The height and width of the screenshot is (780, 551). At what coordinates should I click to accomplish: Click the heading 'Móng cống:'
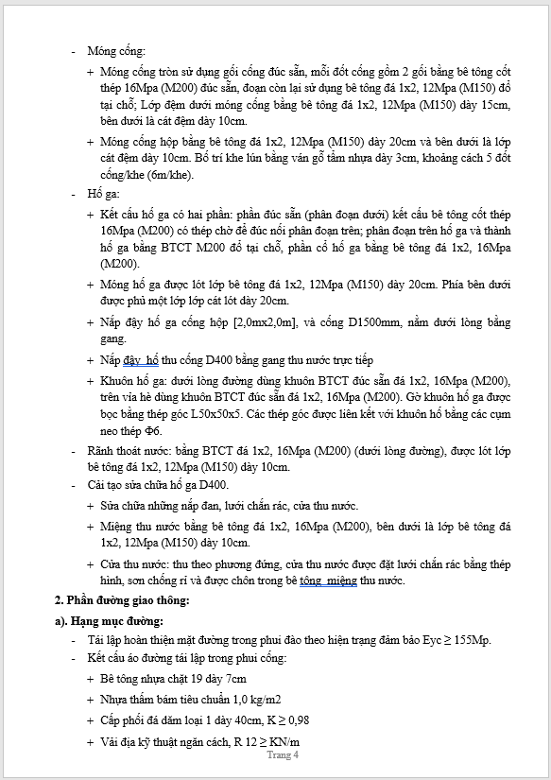pyautogui.click(x=115, y=50)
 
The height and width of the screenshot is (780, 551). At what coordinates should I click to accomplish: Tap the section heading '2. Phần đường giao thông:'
pyautogui.click(x=124, y=601)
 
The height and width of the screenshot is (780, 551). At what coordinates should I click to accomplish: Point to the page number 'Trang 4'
pyautogui.click(x=283, y=754)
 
